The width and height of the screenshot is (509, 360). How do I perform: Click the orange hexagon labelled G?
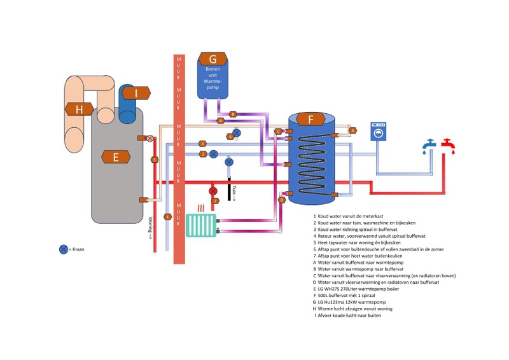pos(213,60)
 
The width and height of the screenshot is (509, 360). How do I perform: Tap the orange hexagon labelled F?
pos(310,119)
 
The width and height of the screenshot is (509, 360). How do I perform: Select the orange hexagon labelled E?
pos(116,156)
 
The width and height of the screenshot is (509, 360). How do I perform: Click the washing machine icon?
pos(380,134)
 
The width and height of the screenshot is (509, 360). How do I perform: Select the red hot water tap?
pos(449,146)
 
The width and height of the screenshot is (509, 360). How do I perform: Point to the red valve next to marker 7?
pos(213,190)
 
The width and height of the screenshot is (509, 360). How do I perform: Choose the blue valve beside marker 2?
pos(214,154)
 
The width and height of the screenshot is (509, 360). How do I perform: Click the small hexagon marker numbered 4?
pos(352,130)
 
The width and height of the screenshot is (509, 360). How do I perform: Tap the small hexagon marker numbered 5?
pos(155,160)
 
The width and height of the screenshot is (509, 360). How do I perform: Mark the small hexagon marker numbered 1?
pos(168,217)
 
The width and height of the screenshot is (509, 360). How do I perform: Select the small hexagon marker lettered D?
pos(282,200)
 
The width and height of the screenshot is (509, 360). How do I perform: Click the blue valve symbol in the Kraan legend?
pos(64,249)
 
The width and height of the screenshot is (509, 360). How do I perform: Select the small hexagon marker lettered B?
pos(233,114)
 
